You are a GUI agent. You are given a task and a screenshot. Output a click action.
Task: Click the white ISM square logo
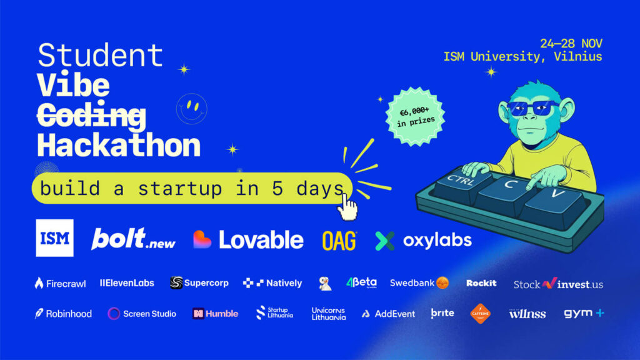tap(54, 238)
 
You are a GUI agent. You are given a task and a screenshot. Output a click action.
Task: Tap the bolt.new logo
tap(133, 239)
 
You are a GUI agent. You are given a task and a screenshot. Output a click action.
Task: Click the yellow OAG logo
tap(339, 240)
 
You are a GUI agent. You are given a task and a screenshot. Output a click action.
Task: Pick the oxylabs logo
tap(424, 240)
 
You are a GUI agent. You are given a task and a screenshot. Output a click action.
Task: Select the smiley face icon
tap(192, 108)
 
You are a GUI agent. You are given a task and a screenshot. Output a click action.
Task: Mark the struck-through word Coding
tap(91, 115)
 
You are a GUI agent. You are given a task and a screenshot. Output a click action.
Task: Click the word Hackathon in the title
tap(119, 145)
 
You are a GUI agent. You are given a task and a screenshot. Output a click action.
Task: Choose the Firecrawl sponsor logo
tap(60, 283)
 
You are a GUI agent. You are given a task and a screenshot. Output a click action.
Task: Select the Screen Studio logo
tap(142, 314)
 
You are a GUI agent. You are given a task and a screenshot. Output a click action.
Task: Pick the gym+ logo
tap(584, 313)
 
